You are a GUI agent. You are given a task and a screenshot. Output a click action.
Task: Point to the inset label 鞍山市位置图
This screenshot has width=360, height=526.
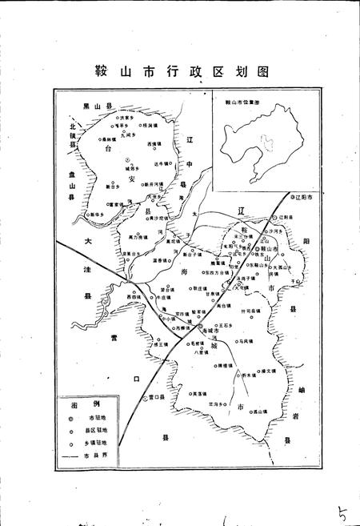click(241, 103)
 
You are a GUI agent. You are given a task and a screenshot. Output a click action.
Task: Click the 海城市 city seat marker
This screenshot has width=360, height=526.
click(199, 329)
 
